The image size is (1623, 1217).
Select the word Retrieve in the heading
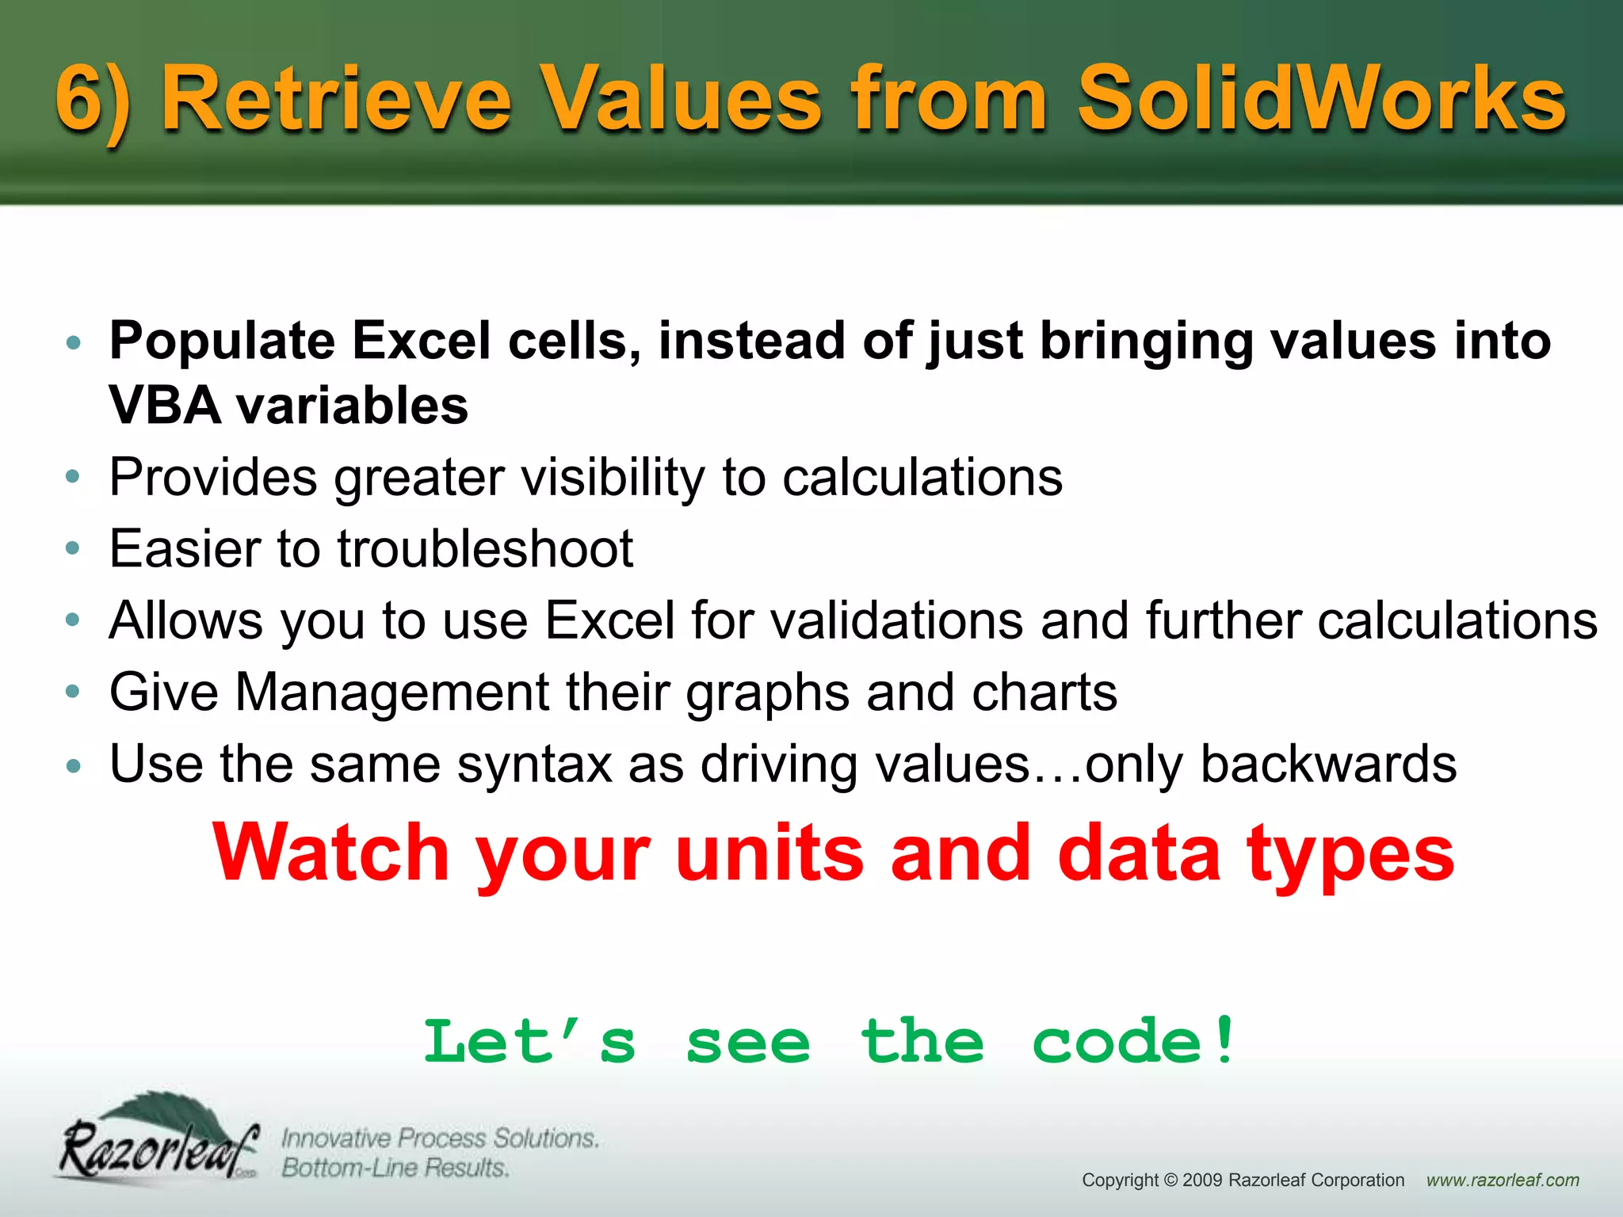[337, 99]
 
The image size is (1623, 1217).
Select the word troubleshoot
[485, 548]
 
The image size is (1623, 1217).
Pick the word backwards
[1328, 764]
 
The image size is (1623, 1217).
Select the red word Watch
[333, 854]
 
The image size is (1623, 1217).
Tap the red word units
[769, 854]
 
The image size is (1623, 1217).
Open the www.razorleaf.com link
[1503, 1181]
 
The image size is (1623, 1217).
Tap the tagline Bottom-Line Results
[395, 1168]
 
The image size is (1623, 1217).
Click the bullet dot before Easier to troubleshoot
[73, 548]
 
